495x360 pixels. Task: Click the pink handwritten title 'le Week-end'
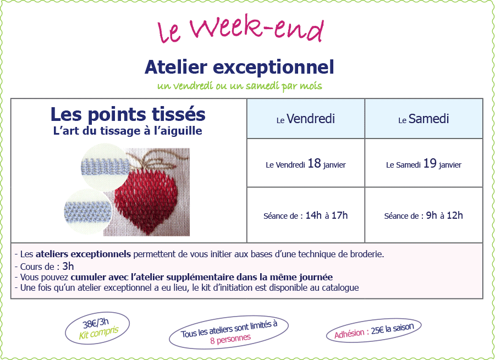pos(240,31)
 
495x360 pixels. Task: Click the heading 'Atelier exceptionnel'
pos(239,67)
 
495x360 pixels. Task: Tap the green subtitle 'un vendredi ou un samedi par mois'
pos(239,86)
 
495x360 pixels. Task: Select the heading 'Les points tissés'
pos(128,114)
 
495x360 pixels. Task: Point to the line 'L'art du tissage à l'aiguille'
pos(128,131)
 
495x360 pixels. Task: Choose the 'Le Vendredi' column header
pos(306,119)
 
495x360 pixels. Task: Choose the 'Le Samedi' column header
pos(424,119)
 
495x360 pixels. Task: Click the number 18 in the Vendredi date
pos(314,163)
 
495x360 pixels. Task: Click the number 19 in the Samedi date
pos(430,163)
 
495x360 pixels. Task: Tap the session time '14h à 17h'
pos(326,215)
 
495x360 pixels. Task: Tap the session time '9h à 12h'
pos(444,215)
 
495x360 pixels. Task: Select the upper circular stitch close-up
pos(106,167)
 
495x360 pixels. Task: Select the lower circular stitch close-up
pos(88,212)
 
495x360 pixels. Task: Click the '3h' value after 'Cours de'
pos(68,267)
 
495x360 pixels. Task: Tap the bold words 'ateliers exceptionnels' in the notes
pos(84,254)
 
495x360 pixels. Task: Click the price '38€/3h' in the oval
pos(96,323)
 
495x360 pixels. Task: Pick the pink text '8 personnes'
pos(230,337)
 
